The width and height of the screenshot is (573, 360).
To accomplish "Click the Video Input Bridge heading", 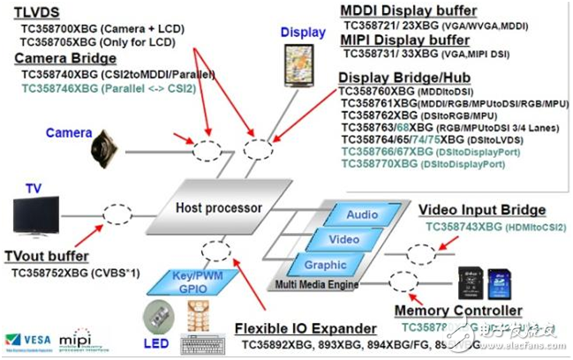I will pyautogui.click(x=481, y=210).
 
